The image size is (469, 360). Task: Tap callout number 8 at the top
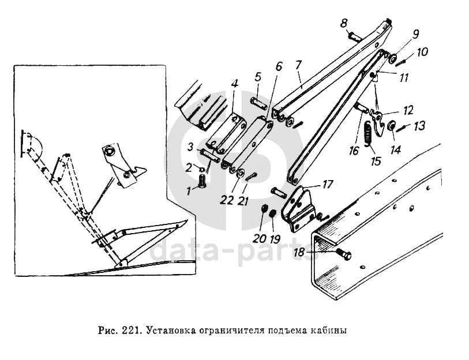[x=343, y=24]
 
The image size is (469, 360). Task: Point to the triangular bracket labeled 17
[x=299, y=205]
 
